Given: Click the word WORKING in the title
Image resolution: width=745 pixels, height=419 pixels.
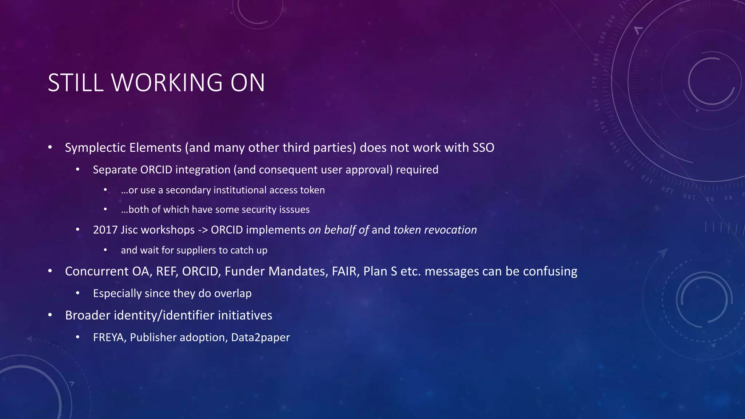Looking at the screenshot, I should click(167, 83).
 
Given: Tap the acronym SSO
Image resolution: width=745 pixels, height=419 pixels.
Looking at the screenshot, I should click(483, 148).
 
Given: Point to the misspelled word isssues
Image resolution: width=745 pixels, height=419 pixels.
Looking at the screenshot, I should click(294, 209).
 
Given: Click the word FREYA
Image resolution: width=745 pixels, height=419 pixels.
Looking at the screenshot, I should click(109, 338).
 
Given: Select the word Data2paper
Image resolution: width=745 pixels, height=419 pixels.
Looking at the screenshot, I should click(260, 338).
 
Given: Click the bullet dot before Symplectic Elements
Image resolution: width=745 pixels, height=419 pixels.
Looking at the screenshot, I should click(50, 148).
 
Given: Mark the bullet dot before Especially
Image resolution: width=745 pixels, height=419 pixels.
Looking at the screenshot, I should click(77, 293).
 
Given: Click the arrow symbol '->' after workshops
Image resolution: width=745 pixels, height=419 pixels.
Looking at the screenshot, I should click(203, 230).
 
